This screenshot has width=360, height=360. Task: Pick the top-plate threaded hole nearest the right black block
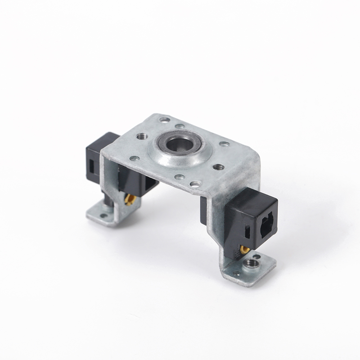coord(219,167)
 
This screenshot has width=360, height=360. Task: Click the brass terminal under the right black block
coord(245,250)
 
